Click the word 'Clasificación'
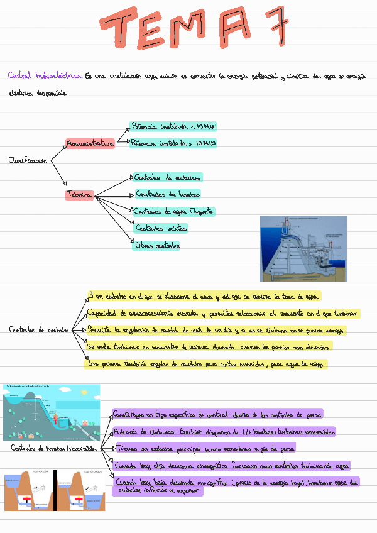28,161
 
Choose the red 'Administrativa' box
90,144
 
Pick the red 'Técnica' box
79,195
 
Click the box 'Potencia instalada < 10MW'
173,126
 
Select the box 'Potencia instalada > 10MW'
173,143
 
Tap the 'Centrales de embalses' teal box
168,178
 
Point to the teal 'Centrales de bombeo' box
168,194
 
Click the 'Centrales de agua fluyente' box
174,211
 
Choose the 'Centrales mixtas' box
161,228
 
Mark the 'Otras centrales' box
158,246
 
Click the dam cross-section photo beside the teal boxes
303,248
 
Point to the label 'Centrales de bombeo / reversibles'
54,449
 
